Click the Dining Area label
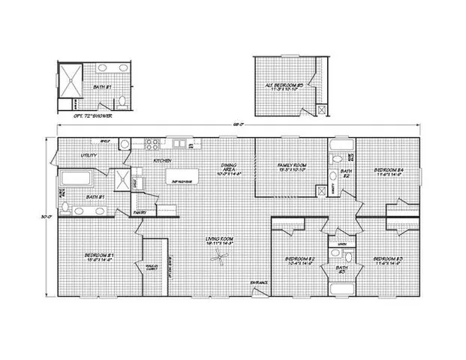(x=230, y=169)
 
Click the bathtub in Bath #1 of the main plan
(x=74, y=179)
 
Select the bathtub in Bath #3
(x=342, y=286)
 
